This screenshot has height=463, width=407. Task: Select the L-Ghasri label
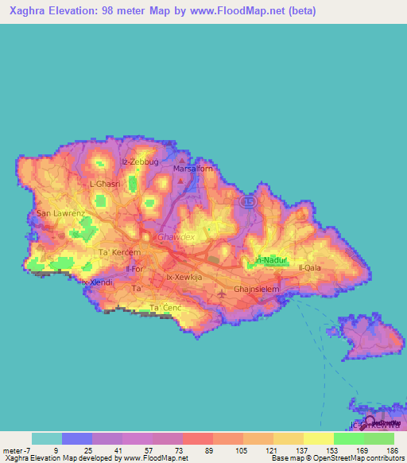(x=104, y=184)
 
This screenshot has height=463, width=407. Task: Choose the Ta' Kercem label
(x=118, y=252)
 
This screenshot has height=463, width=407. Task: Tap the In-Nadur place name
(x=268, y=260)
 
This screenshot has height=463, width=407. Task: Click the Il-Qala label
(x=309, y=267)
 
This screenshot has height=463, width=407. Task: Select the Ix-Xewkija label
(x=184, y=277)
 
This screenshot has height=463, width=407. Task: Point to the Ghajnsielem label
(x=257, y=288)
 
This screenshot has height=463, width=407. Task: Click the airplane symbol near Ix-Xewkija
(x=221, y=296)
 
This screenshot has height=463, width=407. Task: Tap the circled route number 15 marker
(x=248, y=202)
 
